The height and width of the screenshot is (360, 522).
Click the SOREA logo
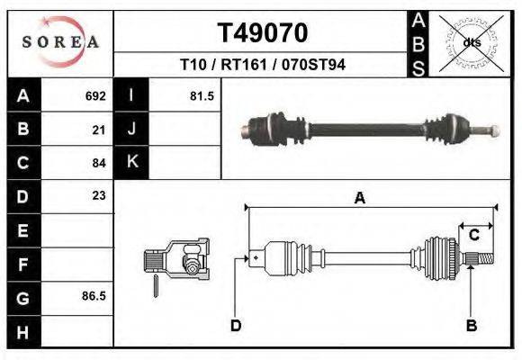[x=60, y=42]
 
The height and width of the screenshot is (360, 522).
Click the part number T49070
[x=263, y=33]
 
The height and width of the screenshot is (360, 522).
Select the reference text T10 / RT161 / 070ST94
[x=263, y=66]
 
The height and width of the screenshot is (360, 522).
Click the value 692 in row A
[x=94, y=95]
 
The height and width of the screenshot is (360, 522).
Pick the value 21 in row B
[x=99, y=130]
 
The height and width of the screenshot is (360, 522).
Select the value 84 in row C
[x=99, y=164]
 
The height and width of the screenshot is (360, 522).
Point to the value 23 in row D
[x=99, y=195]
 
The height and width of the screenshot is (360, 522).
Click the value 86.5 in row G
[x=94, y=295]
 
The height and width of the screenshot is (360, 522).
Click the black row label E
[x=22, y=230]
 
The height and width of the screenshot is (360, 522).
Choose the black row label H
[x=22, y=330]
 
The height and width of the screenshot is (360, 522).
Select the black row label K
[x=131, y=162]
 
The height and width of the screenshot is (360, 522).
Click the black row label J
[x=131, y=129]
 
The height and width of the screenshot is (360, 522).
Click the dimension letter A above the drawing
[x=359, y=199]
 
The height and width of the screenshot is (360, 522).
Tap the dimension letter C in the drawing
[x=473, y=235]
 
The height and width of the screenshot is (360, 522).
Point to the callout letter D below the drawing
[x=236, y=325]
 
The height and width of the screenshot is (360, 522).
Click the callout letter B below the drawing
[x=470, y=325]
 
